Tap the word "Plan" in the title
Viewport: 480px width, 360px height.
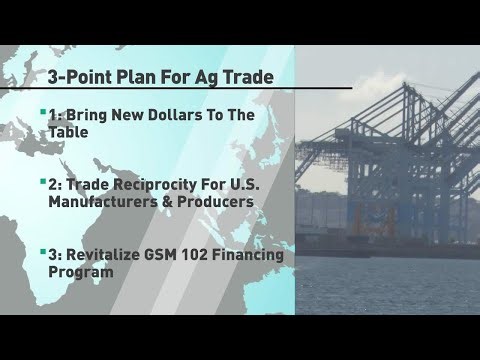(x=172, y=77)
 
